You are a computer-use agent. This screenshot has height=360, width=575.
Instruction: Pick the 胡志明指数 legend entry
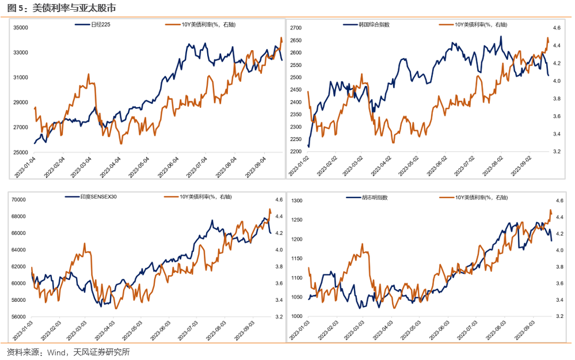point(374,197)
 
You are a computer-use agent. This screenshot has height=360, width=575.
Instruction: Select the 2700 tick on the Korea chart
point(296,28)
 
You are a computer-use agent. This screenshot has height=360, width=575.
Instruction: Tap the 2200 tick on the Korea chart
point(296,151)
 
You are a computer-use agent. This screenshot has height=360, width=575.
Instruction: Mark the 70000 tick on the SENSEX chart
point(20,199)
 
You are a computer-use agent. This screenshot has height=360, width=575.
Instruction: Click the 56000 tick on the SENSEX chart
point(20,317)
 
